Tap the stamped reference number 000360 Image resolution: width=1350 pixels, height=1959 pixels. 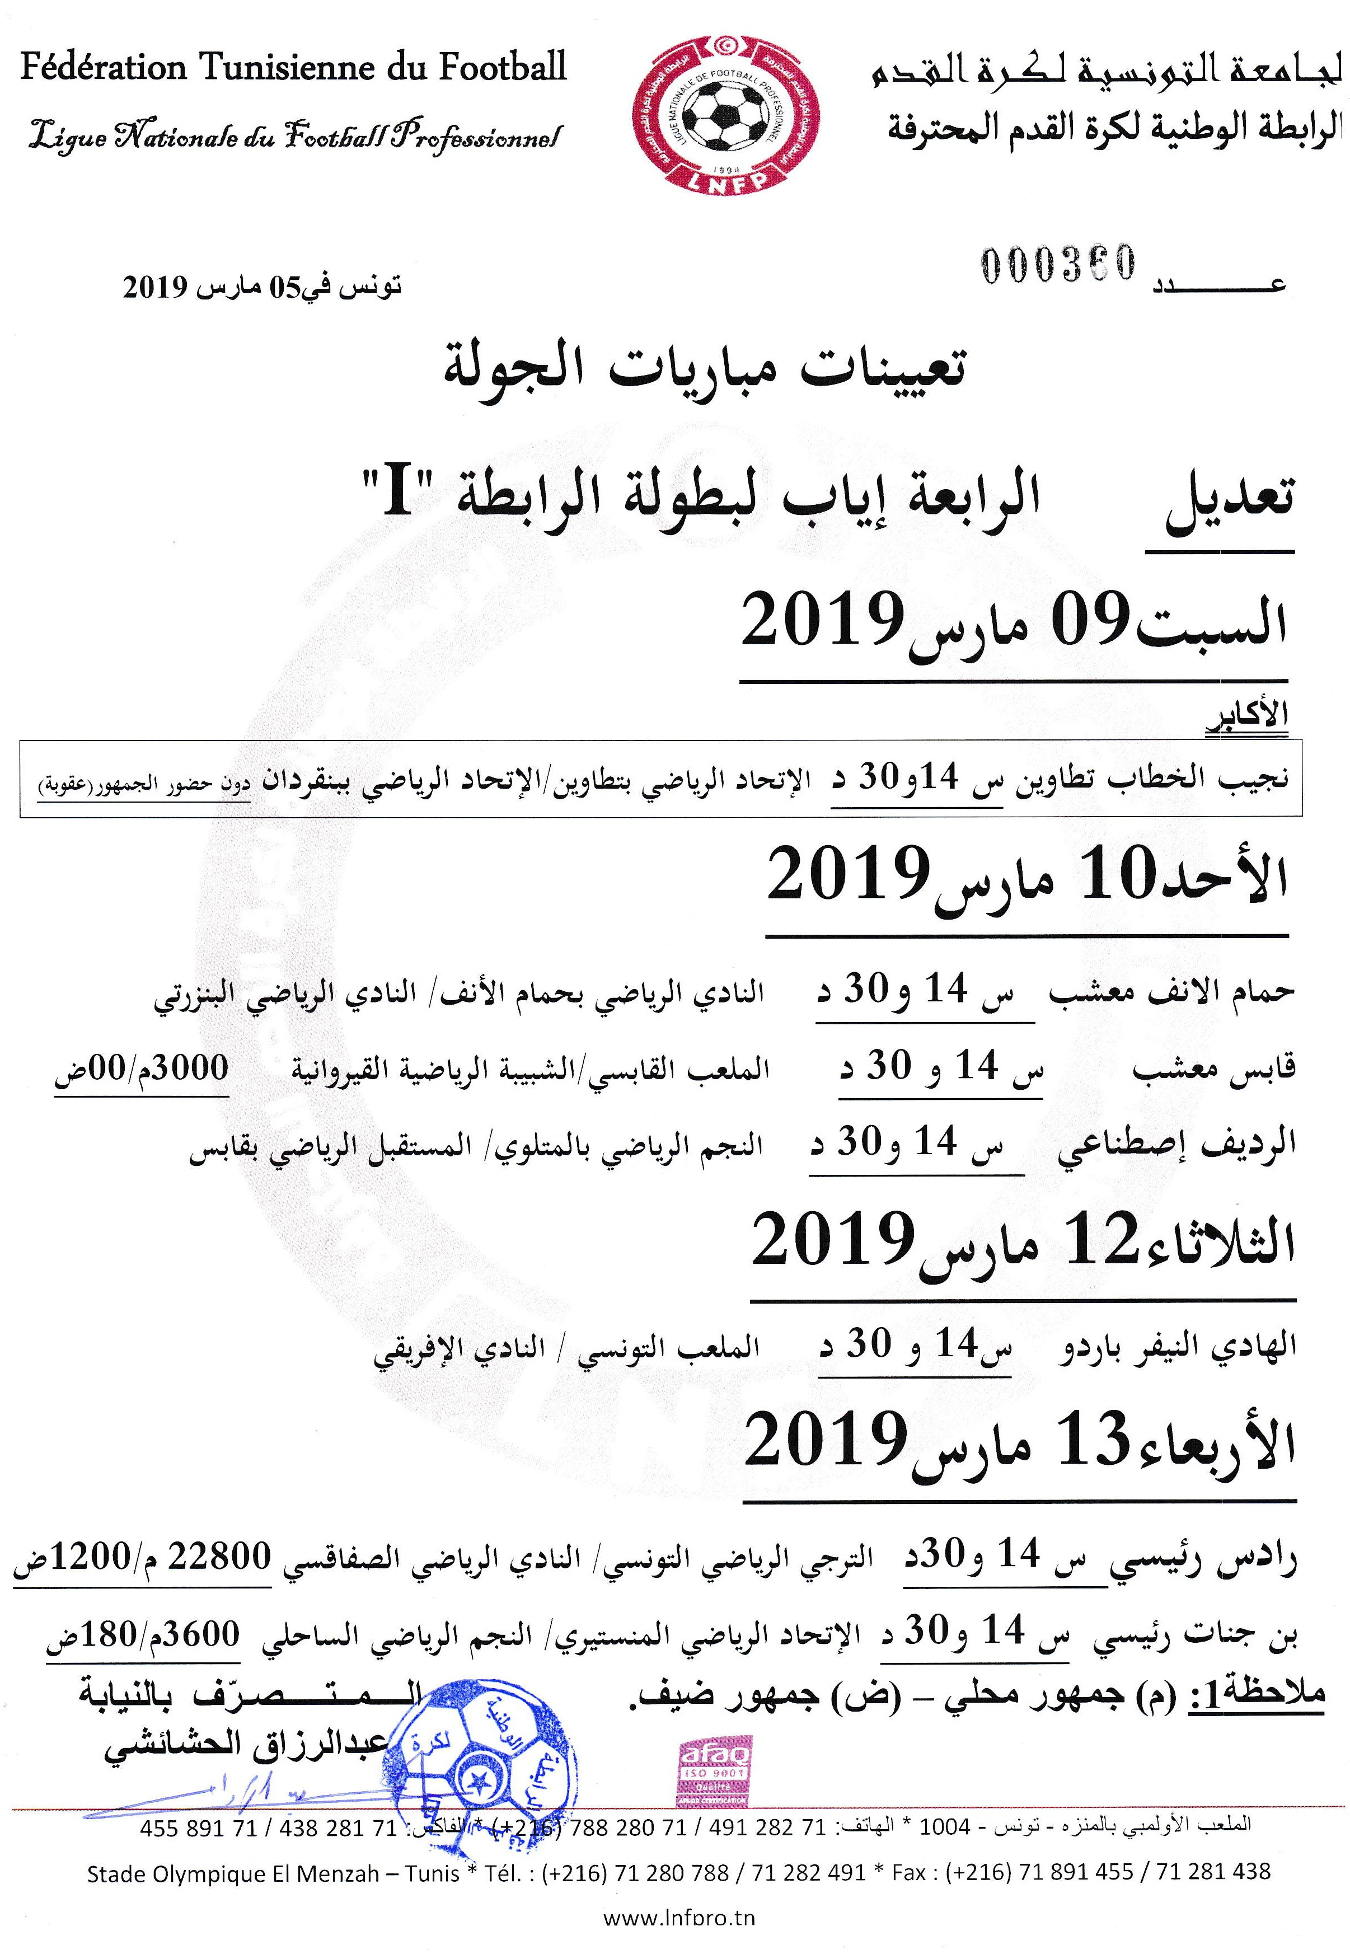tap(1057, 264)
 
